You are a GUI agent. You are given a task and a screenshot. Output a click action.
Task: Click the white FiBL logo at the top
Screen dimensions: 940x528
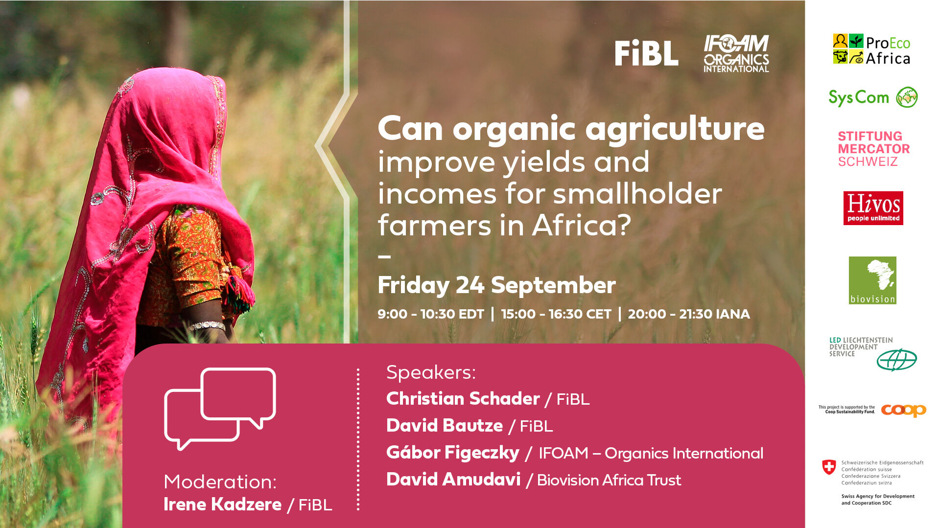coord(646,53)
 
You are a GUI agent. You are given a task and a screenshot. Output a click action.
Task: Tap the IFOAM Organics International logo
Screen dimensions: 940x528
coord(736,53)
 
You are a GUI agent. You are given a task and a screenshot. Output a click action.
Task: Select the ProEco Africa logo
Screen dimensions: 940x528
coord(871,49)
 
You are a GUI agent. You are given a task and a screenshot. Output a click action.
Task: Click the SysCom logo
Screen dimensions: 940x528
coord(873,97)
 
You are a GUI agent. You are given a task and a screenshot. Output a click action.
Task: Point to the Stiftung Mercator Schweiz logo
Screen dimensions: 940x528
coord(873,149)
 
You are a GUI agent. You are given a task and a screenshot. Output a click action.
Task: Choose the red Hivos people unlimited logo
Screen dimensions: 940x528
coord(873,208)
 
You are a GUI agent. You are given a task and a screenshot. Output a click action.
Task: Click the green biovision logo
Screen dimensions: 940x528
coord(872,280)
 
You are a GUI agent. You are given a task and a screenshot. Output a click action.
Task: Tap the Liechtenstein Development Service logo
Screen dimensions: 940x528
coord(873,353)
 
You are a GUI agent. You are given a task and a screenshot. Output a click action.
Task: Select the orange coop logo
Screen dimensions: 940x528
coord(904,410)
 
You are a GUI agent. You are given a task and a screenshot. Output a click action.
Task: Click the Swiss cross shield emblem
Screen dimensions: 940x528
coord(829,467)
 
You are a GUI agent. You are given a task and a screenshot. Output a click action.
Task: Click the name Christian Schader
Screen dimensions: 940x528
coord(463,399)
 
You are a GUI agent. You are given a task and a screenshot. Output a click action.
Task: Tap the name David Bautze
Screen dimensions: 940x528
coord(445,426)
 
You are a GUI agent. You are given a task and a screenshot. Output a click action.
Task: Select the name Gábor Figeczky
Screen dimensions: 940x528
coord(453,453)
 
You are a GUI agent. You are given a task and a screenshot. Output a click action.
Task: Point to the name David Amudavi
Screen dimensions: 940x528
coord(453,480)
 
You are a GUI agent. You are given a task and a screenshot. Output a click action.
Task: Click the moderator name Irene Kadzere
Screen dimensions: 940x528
coord(223,505)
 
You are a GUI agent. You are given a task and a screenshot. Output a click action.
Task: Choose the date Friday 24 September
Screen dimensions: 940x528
coord(496,285)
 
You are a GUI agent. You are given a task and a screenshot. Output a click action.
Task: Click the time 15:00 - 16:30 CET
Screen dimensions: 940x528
coord(556,314)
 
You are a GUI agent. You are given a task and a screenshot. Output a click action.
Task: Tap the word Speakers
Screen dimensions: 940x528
coord(431,373)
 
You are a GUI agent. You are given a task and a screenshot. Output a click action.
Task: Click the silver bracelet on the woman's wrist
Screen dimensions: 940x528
coord(208,325)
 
